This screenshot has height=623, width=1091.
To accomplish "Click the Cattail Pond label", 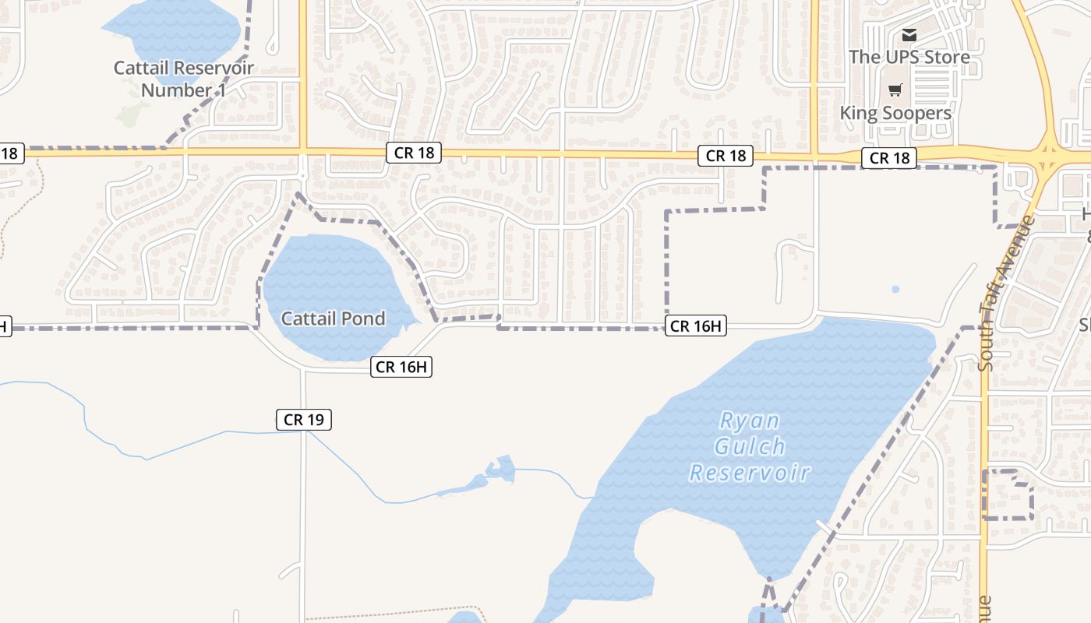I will pyautogui.click(x=333, y=319).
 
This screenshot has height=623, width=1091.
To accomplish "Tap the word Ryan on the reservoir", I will pyautogui.click(x=749, y=421).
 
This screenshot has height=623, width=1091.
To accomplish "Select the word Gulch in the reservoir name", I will pyautogui.click(x=749, y=447).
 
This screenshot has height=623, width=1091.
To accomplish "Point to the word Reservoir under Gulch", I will pyautogui.click(x=750, y=473).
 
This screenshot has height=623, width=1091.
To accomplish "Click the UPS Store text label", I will pyautogui.click(x=909, y=57).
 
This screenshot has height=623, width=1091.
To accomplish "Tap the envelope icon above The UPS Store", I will pyautogui.click(x=909, y=35).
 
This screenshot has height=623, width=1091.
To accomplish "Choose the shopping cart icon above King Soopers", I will pyautogui.click(x=895, y=90).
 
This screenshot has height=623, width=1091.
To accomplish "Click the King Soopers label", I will pyautogui.click(x=895, y=113).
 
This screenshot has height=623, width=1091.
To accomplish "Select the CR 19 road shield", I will pyautogui.click(x=304, y=420).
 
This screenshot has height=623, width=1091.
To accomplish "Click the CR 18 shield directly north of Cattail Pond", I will pyautogui.click(x=414, y=153).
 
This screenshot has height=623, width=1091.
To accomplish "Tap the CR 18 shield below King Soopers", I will pyautogui.click(x=889, y=158).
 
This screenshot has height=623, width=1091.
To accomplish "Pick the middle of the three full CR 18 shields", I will pyautogui.click(x=726, y=156).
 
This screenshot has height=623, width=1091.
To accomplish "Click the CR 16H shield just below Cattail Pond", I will pyautogui.click(x=402, y=367).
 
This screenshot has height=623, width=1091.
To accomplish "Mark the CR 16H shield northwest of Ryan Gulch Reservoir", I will pyautogui.click(x=696, y=326).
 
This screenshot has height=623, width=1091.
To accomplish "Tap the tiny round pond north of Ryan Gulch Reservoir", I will pyautogui.click(x=895, y=290).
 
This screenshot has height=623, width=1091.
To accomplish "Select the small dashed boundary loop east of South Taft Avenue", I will pyautogui.click(x=1008, y=495).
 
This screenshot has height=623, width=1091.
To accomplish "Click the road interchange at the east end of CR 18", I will pyautogui.click(x=1049, y=156).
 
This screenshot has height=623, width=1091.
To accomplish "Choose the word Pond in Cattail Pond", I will pyautogui.click(x=366, y=319).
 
